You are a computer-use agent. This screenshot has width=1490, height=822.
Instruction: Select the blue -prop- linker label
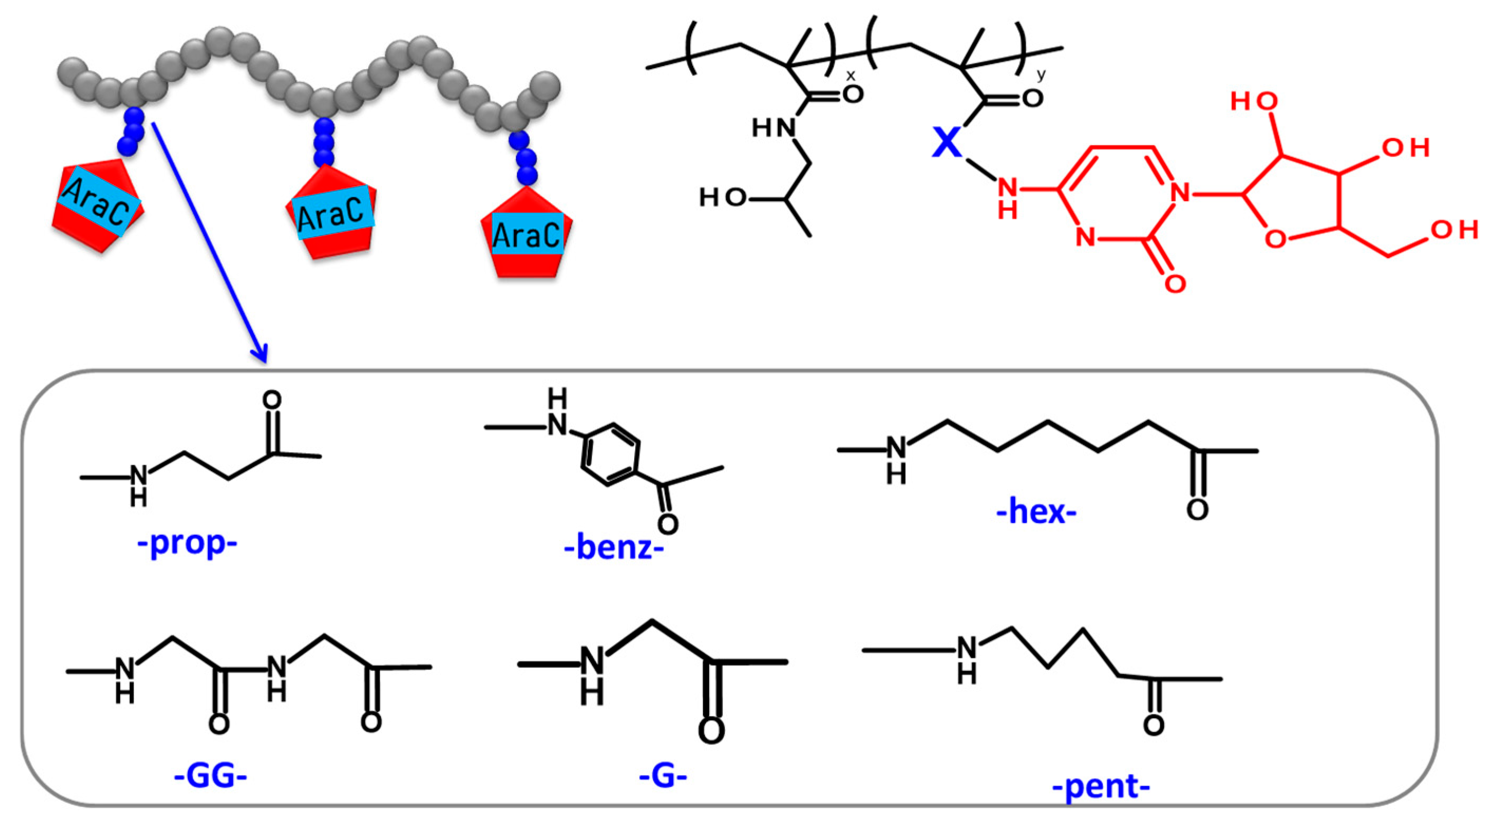coord(187,543)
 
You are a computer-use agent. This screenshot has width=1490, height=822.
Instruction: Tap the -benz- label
coord(614,548)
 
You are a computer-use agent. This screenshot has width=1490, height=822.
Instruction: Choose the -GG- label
coord(211,776)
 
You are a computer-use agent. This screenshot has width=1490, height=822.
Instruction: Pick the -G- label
coord(663,776)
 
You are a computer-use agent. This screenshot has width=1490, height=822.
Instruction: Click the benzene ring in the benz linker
coord(610,455)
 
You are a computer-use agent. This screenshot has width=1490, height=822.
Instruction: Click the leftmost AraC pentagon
coord(97,205)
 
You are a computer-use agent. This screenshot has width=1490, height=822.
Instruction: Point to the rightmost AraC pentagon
coord(527,234)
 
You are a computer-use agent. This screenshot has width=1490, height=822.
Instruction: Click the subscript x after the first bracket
coord(851,76)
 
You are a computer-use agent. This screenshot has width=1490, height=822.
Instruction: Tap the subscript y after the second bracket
coord(1041,74)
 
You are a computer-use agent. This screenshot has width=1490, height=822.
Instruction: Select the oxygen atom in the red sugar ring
coord(1275,238)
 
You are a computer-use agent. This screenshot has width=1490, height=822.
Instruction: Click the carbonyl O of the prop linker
coord(272,400)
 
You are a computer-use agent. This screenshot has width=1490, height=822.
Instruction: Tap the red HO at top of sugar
coord(1254,101)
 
